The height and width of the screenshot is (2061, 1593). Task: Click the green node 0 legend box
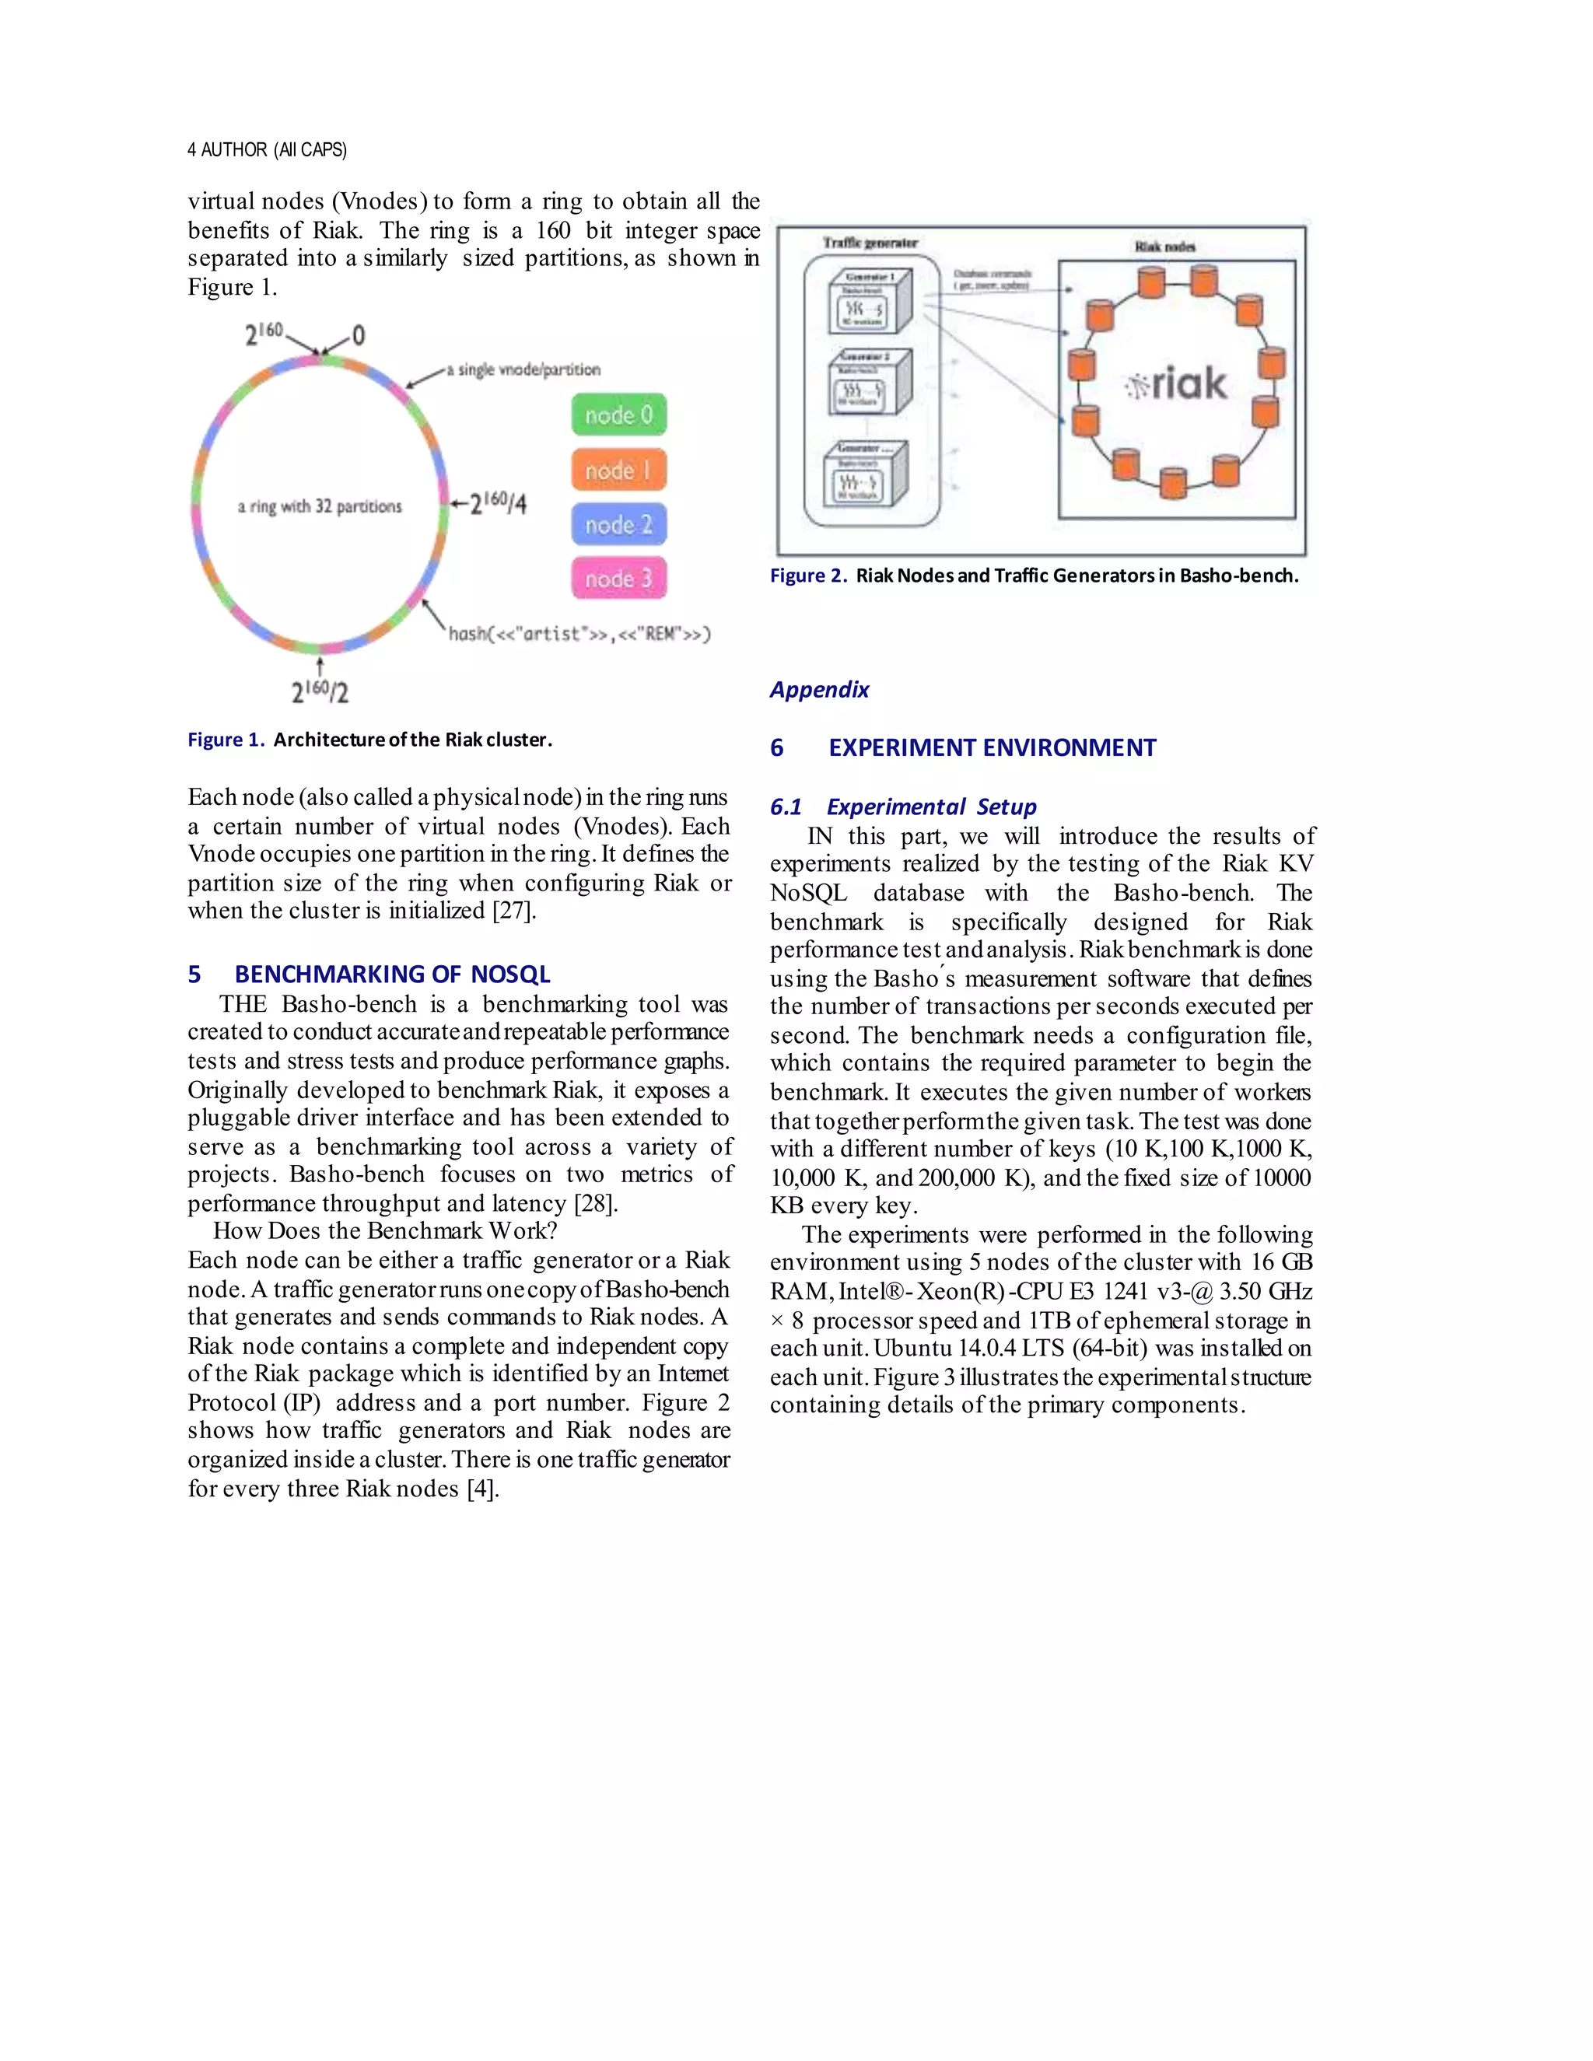point(618,415)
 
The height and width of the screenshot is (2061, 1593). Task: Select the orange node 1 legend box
point(618,470)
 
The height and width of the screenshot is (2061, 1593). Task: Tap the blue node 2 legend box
point(618,525)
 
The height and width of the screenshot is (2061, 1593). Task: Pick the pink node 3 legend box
point(618,579)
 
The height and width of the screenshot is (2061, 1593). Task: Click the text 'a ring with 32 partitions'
point(319,507)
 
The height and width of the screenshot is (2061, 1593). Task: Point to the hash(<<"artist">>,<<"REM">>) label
point(579,634)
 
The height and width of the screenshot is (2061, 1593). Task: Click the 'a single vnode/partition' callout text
point(523,370)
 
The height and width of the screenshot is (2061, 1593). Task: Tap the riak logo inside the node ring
point(1177,384)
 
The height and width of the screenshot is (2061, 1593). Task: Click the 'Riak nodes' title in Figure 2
point(1164,247)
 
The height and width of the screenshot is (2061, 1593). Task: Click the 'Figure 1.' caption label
point(226,740)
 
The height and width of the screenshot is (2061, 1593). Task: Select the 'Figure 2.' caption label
point(808,576)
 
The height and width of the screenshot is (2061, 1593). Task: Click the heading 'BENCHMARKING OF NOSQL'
point(392,974)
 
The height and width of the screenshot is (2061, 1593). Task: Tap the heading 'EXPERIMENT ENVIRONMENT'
point(992,747)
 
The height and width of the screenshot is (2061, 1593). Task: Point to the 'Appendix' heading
point(819,690)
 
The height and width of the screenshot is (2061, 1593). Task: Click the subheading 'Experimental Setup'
point(930,807)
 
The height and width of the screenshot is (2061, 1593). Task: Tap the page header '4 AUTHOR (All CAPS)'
point(267,150)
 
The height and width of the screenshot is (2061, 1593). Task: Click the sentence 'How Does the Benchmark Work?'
point(385,1230)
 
